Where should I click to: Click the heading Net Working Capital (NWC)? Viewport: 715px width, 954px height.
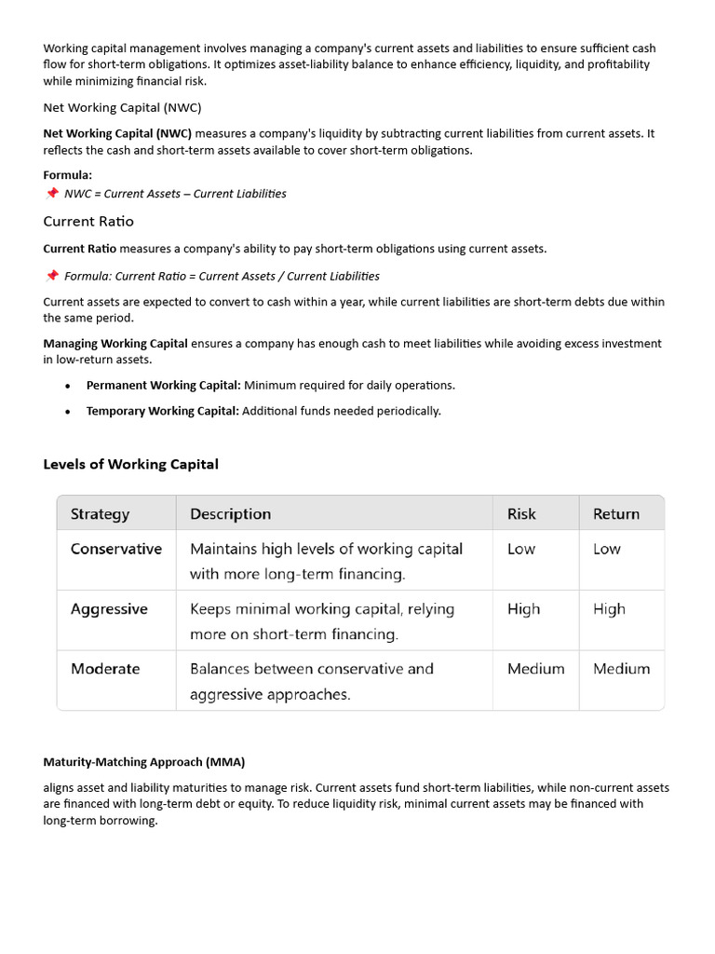coord(122,107)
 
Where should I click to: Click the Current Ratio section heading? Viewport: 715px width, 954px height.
coord(88,221)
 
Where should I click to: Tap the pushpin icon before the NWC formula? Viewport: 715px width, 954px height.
coord(51,194)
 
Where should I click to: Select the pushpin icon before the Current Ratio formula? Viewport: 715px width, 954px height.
coord(51,276)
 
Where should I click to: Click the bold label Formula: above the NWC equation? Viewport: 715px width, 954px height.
coord(68,175)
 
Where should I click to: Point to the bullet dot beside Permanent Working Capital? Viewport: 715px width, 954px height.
coord(68,386)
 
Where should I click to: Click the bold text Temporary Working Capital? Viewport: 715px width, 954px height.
coord(163,411)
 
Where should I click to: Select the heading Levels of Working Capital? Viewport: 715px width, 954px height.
coord(130,464)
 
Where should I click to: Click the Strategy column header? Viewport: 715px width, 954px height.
coord(100,514)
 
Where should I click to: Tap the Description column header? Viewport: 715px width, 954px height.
coord(230,514)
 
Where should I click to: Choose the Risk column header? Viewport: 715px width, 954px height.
coord(521,514)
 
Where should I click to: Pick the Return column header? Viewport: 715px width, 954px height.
coord(616,514)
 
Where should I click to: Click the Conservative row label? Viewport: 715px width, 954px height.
coord(116,549)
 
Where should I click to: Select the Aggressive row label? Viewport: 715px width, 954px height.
coord(109,609)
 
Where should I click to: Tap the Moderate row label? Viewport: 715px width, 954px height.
coord(105,669)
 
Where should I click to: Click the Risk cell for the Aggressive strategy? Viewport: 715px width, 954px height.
coord(523,609)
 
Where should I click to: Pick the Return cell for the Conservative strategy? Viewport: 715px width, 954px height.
coord(607,549)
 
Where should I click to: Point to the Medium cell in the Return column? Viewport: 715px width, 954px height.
coord(622,669)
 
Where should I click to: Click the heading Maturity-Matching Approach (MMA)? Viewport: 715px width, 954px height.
coord(143,762)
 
